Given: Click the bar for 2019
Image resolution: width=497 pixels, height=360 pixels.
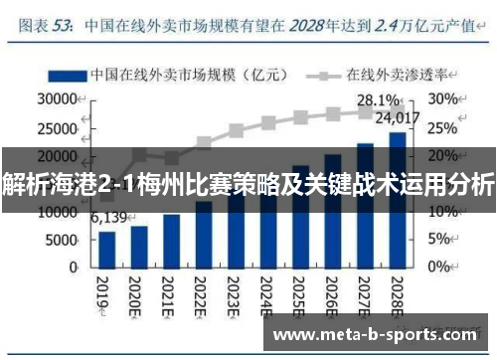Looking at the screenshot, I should (x=107, y=249).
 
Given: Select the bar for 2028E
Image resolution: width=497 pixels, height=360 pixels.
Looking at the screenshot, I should (x=397, y=199).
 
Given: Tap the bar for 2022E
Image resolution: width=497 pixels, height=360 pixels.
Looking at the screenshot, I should (x=204, y=234).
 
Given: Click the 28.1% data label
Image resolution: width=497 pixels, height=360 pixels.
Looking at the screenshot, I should (x=379, y=100).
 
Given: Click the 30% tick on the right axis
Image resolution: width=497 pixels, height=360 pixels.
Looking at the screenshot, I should (x=443, y=99).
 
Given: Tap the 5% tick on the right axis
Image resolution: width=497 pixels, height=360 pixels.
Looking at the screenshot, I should (x=439, y=240).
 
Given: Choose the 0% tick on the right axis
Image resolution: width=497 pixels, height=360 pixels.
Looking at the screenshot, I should (x=439, y=268).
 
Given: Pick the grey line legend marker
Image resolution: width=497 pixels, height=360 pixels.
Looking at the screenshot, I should (x=322, y=74).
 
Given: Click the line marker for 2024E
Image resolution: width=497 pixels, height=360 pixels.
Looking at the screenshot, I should (x=268, y=123).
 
